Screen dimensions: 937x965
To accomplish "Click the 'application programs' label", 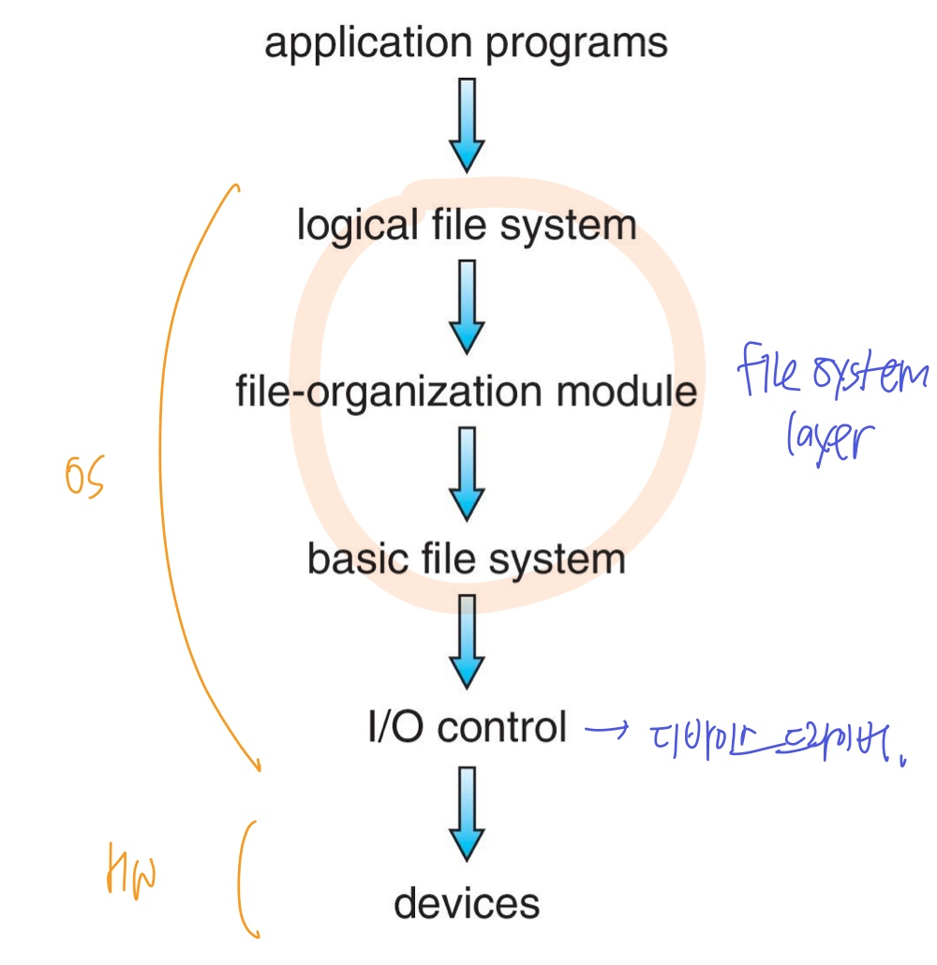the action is coord(466,44).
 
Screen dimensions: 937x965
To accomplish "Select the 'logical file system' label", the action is coord(467,226).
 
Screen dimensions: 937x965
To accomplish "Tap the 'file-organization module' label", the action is coord(466,392).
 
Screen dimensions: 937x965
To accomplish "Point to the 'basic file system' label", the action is coord(466,559).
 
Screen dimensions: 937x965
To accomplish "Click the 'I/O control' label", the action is coord(467,727).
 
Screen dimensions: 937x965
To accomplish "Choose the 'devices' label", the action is coord(467,904).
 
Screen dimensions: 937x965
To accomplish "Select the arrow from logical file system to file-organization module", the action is coord(467,305).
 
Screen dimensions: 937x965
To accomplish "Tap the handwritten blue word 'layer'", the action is coord(828,440).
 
